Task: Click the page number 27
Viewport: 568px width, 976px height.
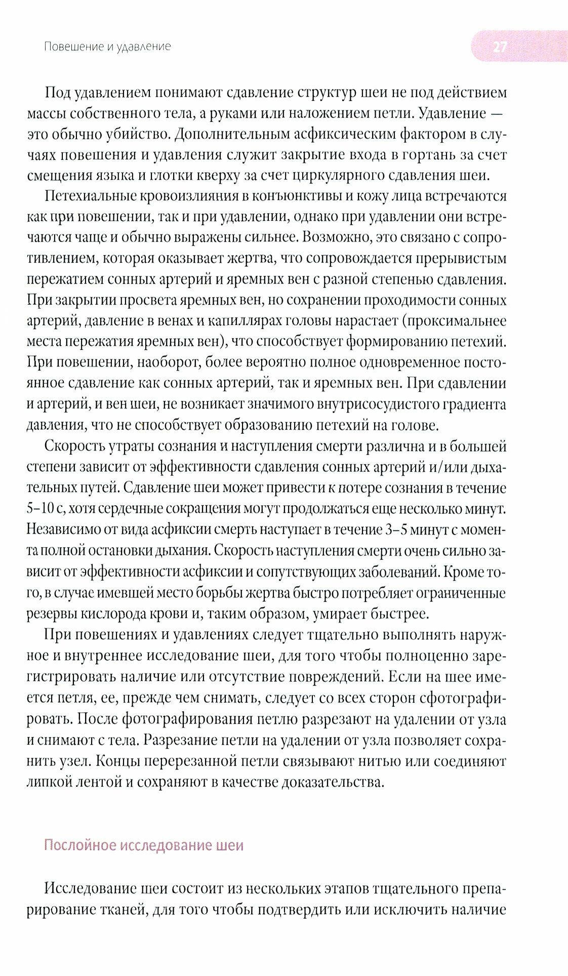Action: [500, 47]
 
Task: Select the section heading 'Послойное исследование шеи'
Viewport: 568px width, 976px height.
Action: [144, 845]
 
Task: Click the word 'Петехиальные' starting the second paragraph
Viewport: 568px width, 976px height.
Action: [91, 196]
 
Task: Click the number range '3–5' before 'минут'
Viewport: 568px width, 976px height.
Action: [396, 530]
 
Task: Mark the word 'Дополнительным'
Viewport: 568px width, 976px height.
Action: [233, 134]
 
